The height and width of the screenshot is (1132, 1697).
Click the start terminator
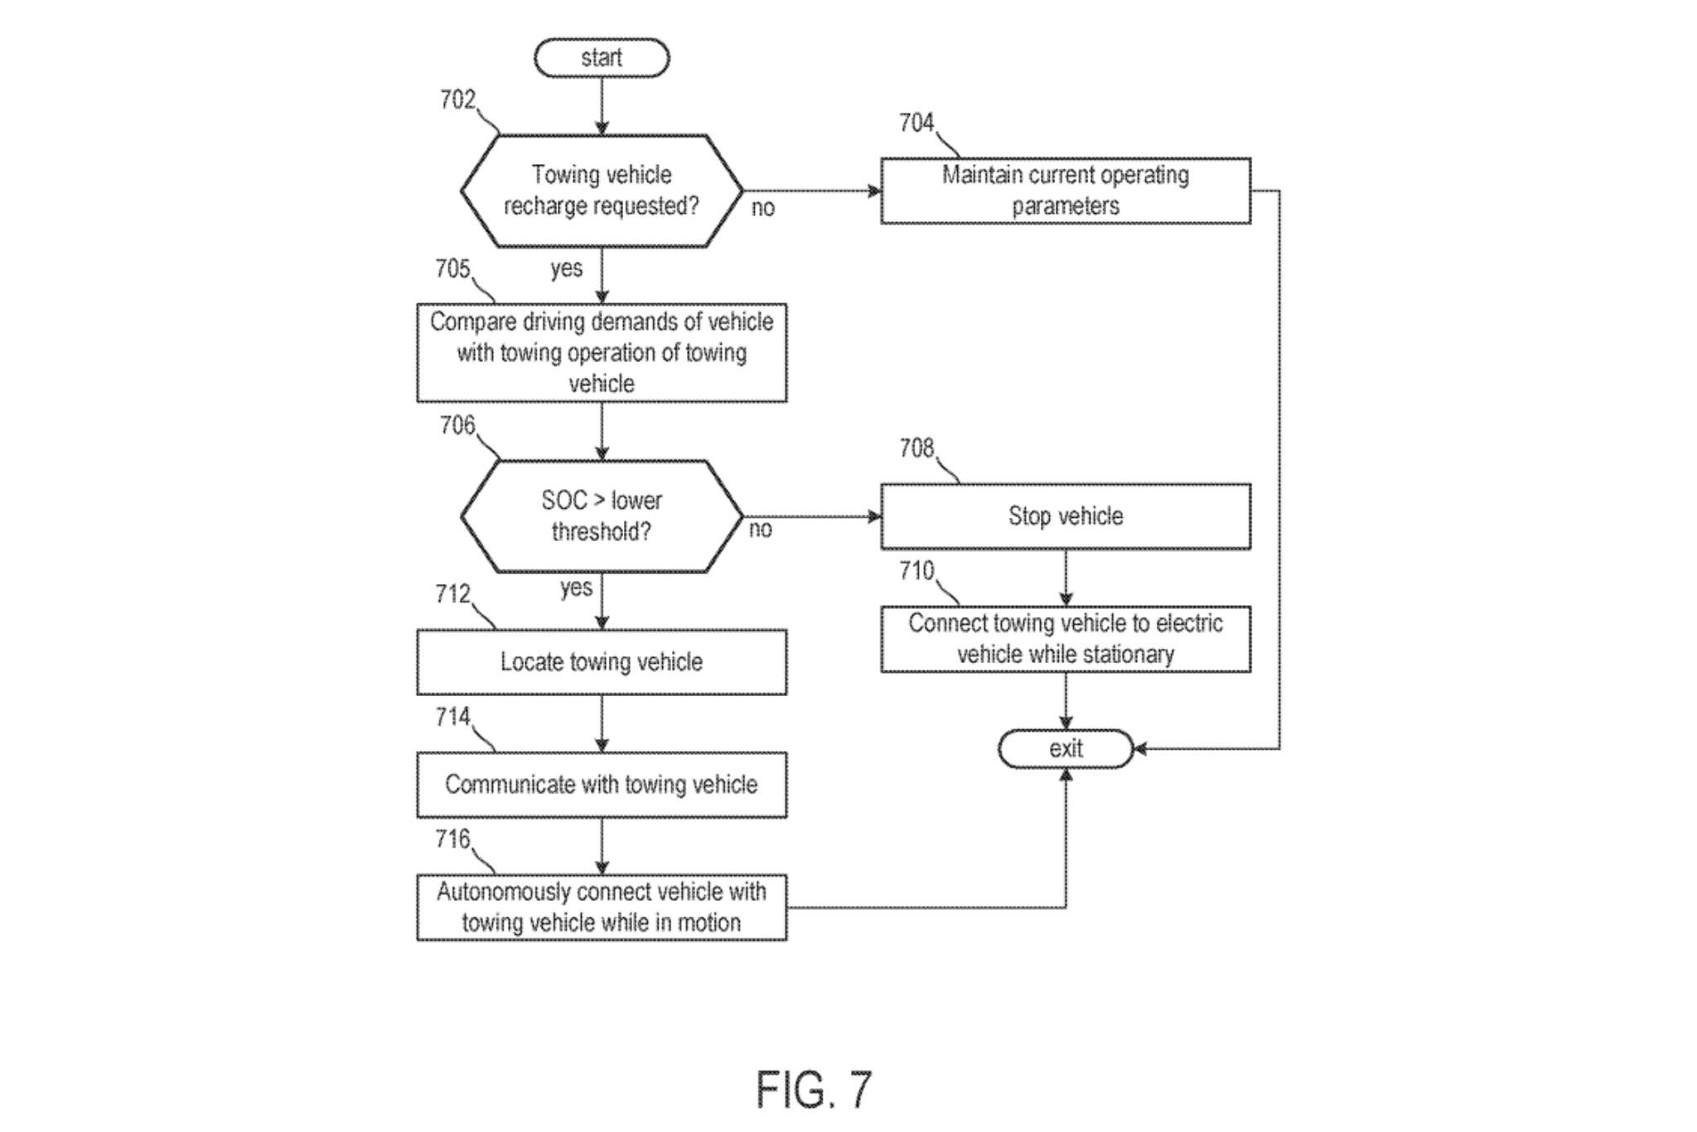point(602,58)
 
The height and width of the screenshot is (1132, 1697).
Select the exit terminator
point(1065,749)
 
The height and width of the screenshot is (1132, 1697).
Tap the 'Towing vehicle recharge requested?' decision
point(602,191)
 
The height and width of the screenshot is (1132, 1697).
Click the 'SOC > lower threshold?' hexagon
point(602,516)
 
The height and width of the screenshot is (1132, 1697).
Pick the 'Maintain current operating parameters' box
point(1065,191)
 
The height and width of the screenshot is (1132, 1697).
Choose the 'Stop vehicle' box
point(1065,516)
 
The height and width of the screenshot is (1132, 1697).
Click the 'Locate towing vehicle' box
point(602,662)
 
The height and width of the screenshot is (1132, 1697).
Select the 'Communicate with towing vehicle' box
point(602,785)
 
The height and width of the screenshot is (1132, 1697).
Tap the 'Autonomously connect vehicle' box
point(602,907)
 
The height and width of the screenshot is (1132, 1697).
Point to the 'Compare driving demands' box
point(602,353)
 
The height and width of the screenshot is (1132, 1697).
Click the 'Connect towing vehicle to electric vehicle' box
point(1065,639)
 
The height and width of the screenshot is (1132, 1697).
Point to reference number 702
point(457,100)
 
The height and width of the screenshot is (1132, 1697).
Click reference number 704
point(916,123)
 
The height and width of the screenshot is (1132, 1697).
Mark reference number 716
point(452,839)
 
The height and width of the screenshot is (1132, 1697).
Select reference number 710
point(916,571)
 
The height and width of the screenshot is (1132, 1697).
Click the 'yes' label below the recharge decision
point(567,268)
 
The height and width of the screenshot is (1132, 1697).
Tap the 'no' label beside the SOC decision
point(761,530)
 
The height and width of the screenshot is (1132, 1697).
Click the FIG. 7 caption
point(814,1090)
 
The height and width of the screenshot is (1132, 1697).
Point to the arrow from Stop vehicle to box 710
point(1066,578)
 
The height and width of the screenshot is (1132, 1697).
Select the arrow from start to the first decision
point(602,106)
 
